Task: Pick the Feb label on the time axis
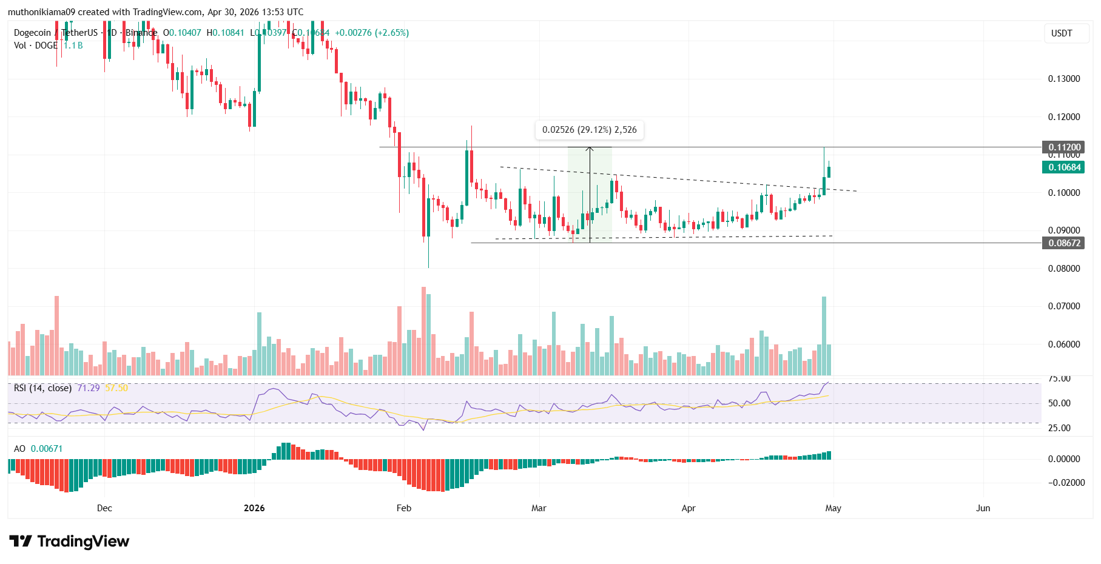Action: pyautogui.click(x=404, y=508)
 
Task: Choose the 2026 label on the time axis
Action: pyautogui.click(x=254, y=508)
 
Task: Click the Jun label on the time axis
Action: pyautogui.click(x=983, y=508)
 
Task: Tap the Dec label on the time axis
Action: pyautogui.click(x=104, y=508)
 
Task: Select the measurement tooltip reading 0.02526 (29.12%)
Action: pyautogui.click(x=589, y=130)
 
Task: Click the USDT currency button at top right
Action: pyautogui.click(x=1062, y=33)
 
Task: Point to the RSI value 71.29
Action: pyautogui.click(x=89, y=388)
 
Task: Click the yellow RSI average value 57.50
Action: pyautogui.click(x=116, y=388)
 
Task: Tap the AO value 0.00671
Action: pyautogui.click(x=47, y=449)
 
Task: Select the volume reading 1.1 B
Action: pyautogui.click(x=73, y=45)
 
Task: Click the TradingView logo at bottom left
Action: pyautogui.click(x=69, y=541)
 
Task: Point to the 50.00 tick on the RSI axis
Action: pyautogui.click(x=1059, y=403)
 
